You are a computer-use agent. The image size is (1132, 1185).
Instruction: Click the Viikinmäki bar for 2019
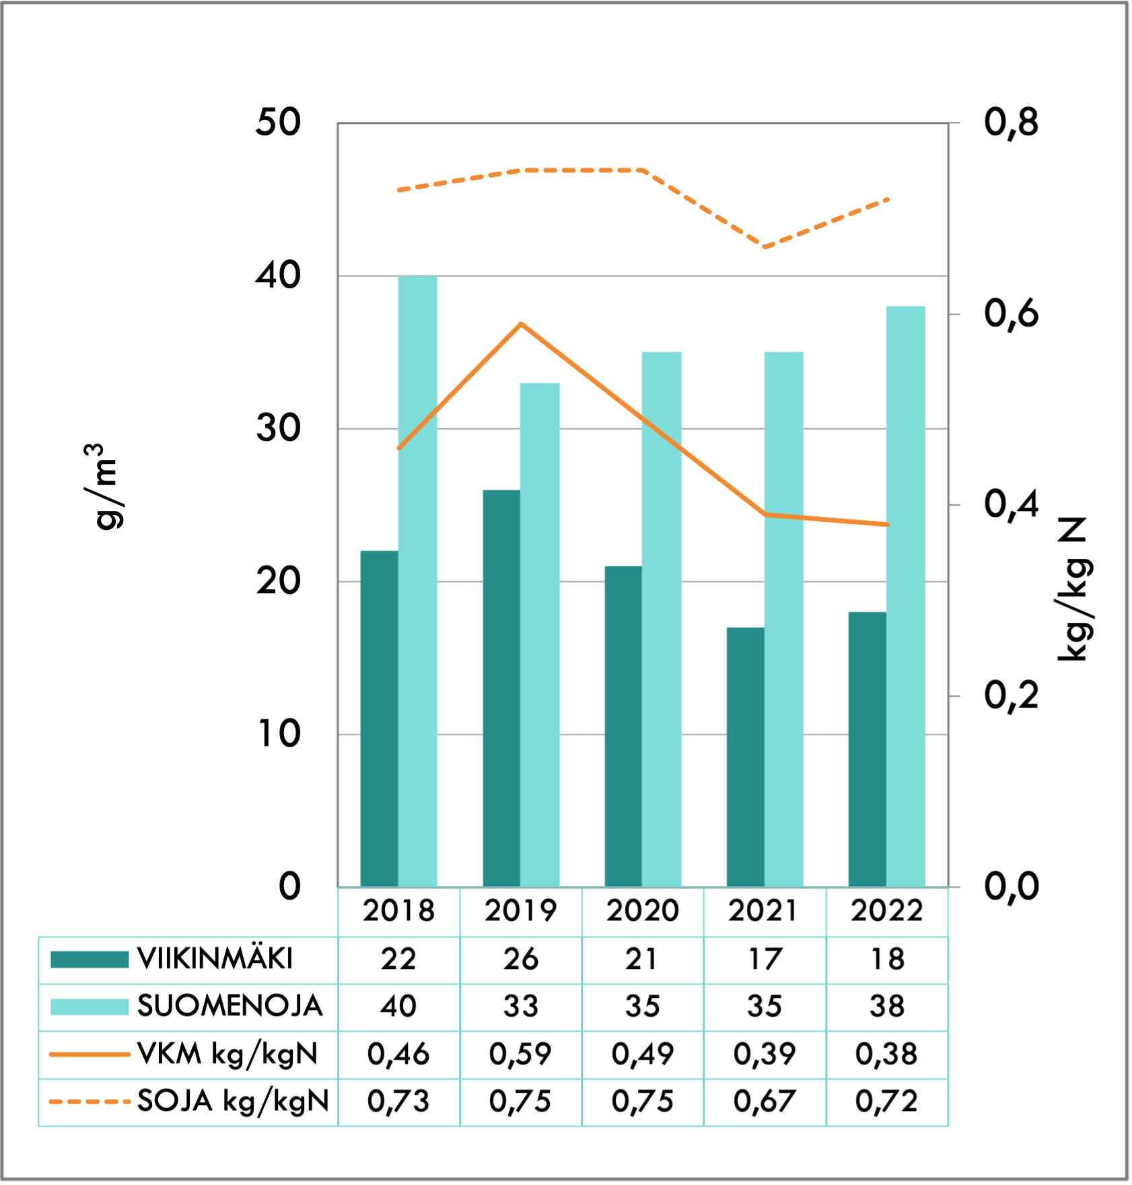click(x=501, y=687)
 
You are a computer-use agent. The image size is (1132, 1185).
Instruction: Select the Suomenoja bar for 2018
click(x=417, y=579)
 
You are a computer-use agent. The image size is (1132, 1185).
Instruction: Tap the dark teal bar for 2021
click(x=745, y=754)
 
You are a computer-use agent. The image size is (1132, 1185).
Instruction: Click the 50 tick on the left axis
click(x=278, y=123)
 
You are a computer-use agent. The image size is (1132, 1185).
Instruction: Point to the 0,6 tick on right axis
click(x=1011, y=314)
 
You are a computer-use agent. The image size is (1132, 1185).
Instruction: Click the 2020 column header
click(x=642, y=911)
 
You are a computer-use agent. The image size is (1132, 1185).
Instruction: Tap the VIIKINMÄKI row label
click(x=215, y=959)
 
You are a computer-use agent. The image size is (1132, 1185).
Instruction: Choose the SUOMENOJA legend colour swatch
click(x=90, y=1007)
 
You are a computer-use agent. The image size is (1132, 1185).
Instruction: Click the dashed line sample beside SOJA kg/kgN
click(x=90, y=1102)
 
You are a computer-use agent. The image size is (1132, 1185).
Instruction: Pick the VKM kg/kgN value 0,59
click(x=520, y=1054)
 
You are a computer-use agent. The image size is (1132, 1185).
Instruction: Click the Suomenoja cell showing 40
click(x=398, y=1007)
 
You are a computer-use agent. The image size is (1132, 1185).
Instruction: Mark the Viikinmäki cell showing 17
click(x=765, y=959)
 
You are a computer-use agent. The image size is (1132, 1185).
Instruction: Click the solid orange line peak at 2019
click(x=521, y=325)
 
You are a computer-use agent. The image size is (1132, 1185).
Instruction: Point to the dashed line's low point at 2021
click(x=765, y=247)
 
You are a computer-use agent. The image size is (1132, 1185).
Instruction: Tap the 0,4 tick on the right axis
click(x=1011, y=504)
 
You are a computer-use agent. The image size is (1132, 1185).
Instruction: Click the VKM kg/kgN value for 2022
click(x=886, y=1054)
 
